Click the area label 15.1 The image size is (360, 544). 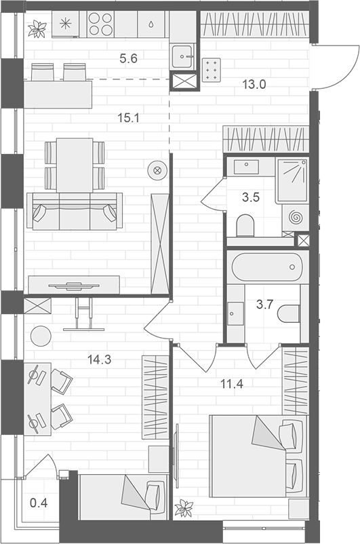click(x=127, y=117)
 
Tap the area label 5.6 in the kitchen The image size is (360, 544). click(x=128, y=58)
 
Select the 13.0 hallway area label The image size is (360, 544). click(x=254, y=84)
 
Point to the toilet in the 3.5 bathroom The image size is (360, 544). click(x=245, y=225)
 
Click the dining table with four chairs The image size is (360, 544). click(x=75, y=164)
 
